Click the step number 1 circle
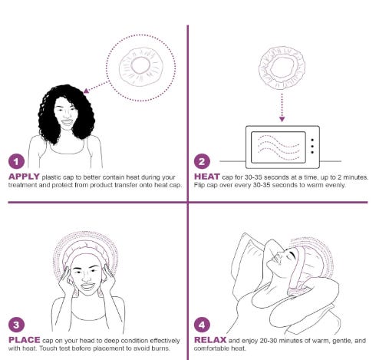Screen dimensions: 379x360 coord(17,161)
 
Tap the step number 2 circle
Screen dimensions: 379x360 coord(202,161)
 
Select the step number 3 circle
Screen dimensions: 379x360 coord(17,325)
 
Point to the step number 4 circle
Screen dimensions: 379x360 coord(202,325)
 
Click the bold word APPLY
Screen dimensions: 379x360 coord(24,177)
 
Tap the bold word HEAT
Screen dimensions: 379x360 coord(207,177)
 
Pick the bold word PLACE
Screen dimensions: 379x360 coord(25,340)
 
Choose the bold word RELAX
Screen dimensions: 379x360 coord(210,340)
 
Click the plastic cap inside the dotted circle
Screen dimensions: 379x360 coord(140,67)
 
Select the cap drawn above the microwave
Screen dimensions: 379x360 coord(282,68)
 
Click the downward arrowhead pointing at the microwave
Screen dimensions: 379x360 coord(282,119)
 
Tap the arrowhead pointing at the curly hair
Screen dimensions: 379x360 coord(86,91)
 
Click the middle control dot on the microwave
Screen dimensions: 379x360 coord(312,146)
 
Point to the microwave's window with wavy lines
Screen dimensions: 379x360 coord(278,147)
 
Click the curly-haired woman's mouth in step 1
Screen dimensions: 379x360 coord(67,122)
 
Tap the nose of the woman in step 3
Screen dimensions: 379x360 coord(87,277)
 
